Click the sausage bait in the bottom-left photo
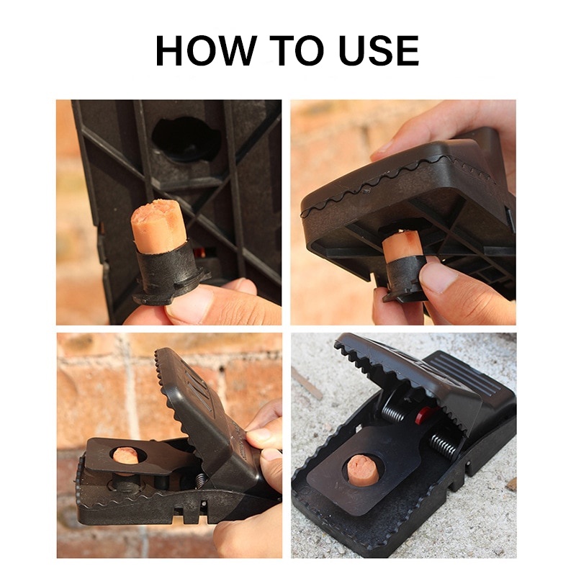125,456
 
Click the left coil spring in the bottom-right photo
396,410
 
